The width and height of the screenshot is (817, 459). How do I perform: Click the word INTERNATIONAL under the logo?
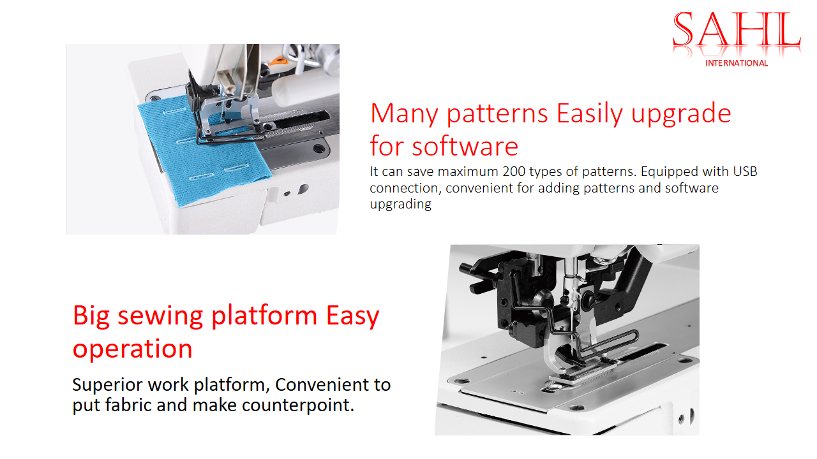(x=737, y=63)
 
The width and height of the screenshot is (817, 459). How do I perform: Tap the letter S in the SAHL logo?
(x=683, y=29)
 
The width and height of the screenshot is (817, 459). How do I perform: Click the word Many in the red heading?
(x=404, y=113)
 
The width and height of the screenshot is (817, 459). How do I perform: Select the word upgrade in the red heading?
(x=681, y=114)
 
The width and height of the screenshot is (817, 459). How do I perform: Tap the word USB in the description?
(x=745, y=171)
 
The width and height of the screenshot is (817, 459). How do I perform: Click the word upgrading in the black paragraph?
(x=400, y=205)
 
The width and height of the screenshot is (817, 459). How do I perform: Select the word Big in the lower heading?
(x=91, y=316)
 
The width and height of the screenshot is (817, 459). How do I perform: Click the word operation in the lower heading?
(x=132, y=349)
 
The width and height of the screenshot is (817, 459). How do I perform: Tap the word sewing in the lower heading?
(x=160, y=316)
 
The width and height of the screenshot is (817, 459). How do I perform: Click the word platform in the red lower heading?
(x=264, y=316)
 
